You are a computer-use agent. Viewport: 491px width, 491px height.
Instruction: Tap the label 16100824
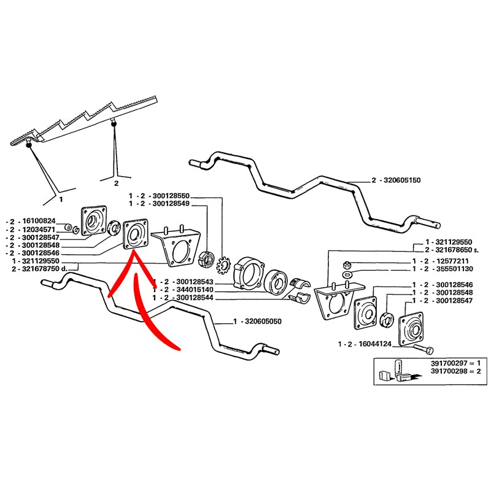39,220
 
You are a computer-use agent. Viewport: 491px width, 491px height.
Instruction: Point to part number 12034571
39,228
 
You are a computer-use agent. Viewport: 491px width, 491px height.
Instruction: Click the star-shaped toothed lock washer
223,265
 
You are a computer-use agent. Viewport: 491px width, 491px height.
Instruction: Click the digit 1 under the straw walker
60,198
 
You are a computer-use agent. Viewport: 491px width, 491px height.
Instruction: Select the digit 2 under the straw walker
116,182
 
